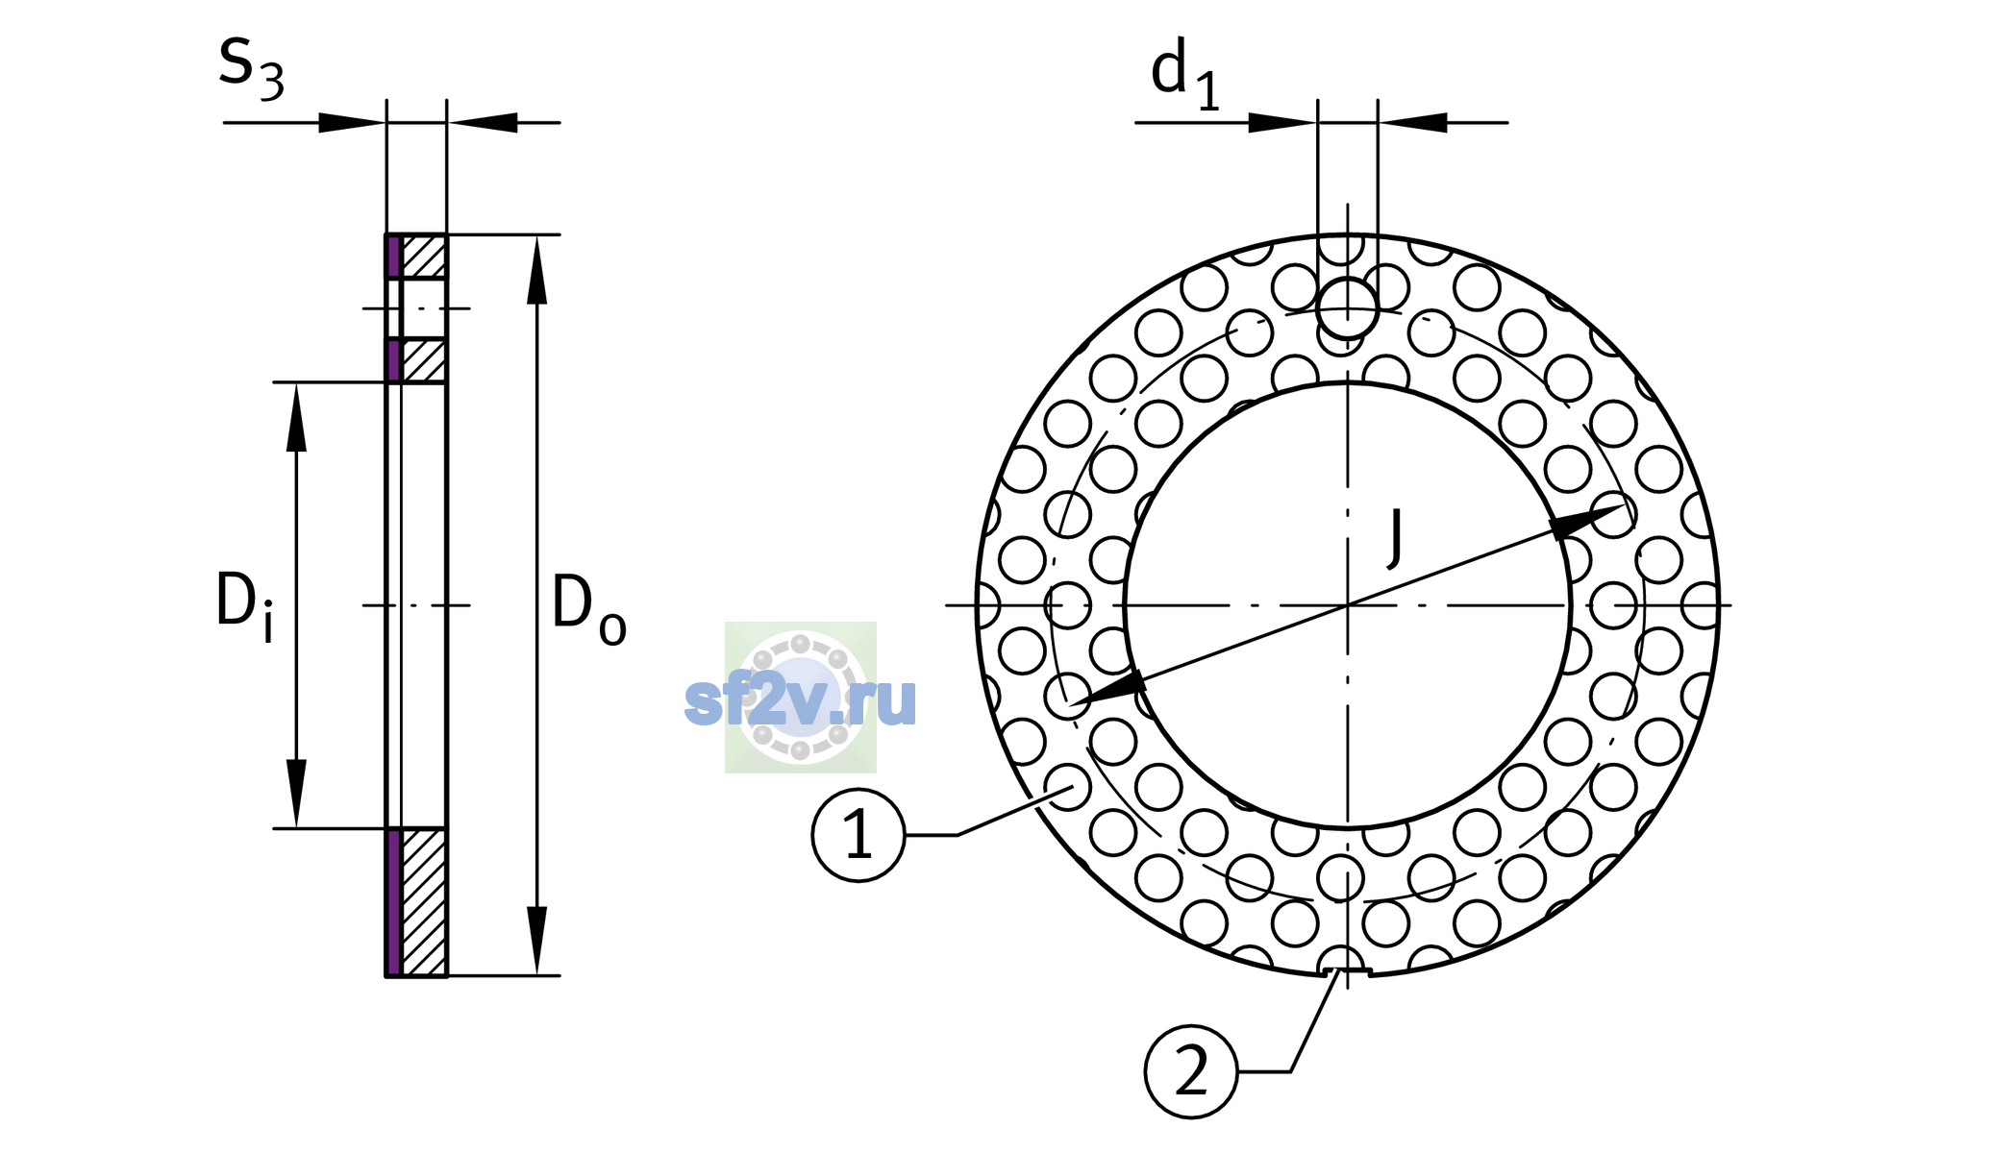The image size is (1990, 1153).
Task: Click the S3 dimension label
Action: coord(251,69)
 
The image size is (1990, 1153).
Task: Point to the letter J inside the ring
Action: coord(1395,538)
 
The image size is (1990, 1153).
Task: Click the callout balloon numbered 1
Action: coord(858,835)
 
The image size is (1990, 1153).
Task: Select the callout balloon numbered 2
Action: coord(1191,1071)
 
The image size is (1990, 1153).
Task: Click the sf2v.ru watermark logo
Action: coord(800,699)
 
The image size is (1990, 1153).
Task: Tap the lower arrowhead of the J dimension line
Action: coord(1107,689)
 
